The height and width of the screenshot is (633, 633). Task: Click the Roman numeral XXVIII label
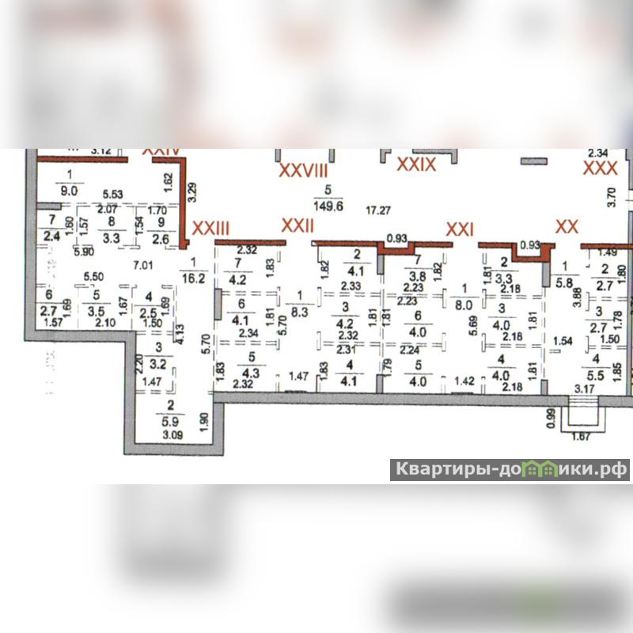coord(301,170)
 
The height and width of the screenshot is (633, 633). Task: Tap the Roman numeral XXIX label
coord(416,164)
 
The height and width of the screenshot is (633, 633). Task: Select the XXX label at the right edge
coord(600,168)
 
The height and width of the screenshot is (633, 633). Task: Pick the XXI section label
coord(460,229)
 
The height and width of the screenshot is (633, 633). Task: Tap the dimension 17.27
coord(379,210)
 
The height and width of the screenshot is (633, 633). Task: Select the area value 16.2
coord(192,278)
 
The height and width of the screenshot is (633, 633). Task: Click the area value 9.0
coord(70,189)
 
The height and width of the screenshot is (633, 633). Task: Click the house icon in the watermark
coord(541,470)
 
